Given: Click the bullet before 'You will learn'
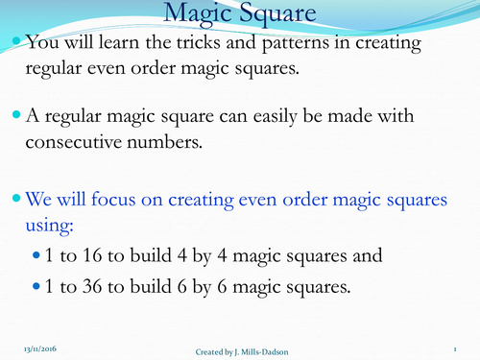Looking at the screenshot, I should (14, 42).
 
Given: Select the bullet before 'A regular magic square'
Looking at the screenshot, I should (14, 116).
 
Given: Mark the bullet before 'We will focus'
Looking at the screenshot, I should (14, 200).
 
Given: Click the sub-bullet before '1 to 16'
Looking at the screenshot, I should (37, 256).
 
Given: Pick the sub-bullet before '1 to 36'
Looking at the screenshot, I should (37, 287).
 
